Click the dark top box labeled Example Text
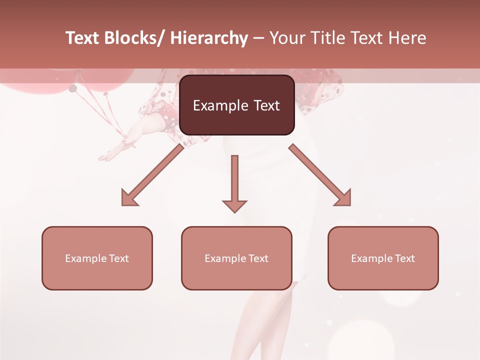pyautogui.click(x=236, y=105)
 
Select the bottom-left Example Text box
pyautogui.click(x=97, y=258)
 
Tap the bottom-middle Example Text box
pyautogui.click(x=236, y=258)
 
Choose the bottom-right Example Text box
pyautogui.click(x=383, y=258)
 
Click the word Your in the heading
pyautogui.click(x=286, y=38)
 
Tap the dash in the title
pyautogui.click(x=258, y=38)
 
